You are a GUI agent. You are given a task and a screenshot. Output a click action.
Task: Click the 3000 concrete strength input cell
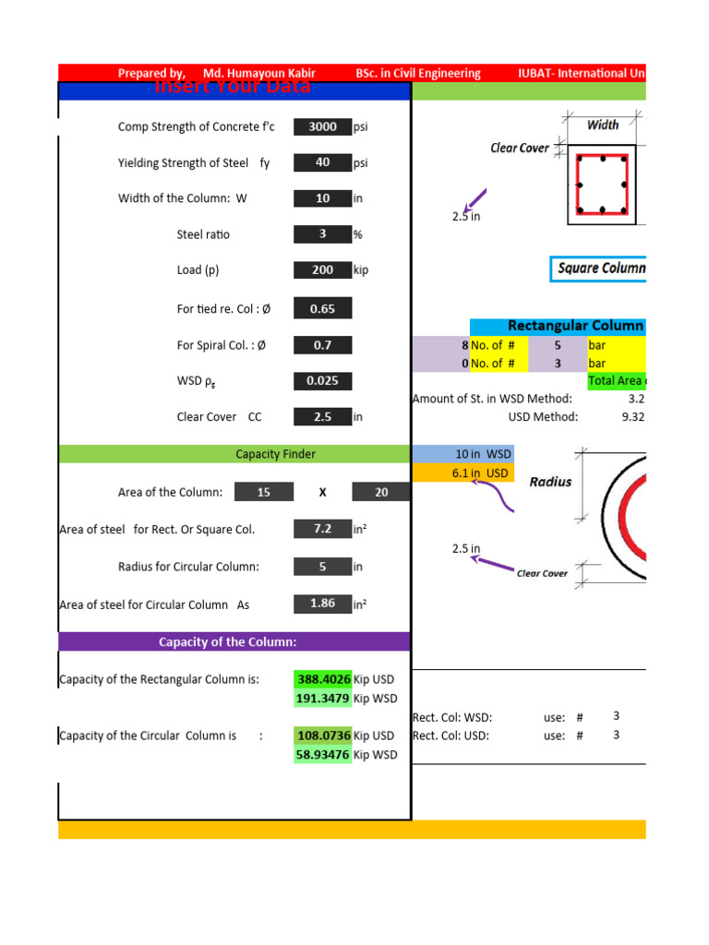[x=322, y=127]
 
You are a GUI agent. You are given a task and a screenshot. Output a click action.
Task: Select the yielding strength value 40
[x=322, y=163]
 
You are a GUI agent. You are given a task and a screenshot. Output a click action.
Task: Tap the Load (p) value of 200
[x=322, y=270]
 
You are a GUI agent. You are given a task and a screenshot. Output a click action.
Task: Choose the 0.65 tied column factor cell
[x=322, y=309]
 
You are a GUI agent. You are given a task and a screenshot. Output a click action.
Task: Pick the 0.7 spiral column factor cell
[x=322, y=345]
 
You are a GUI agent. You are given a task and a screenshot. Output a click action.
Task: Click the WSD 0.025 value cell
[x=322, y=381]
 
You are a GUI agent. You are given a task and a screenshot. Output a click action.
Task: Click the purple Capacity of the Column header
[x=234, y=642]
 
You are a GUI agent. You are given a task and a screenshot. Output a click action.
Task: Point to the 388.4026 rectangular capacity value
[x=322, y=679]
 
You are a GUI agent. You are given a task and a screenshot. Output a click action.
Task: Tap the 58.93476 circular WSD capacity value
[x=322, y=755]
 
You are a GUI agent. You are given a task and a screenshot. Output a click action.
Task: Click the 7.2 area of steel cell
[x=322, y=530]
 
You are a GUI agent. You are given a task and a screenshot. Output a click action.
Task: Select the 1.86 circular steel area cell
[x=322, y=604]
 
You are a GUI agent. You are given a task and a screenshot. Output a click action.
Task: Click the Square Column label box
[x=601, y=269]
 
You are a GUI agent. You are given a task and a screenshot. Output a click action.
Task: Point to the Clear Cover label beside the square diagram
[x=520, y=148]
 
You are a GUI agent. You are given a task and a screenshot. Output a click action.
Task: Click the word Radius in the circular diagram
[x=550, y=481]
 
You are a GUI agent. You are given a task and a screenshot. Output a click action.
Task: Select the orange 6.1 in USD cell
[x=463, y=473]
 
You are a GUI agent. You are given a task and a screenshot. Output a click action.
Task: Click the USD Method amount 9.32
[x=632, y=417]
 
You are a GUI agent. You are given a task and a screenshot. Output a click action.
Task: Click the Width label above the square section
[x=603, y=125]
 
